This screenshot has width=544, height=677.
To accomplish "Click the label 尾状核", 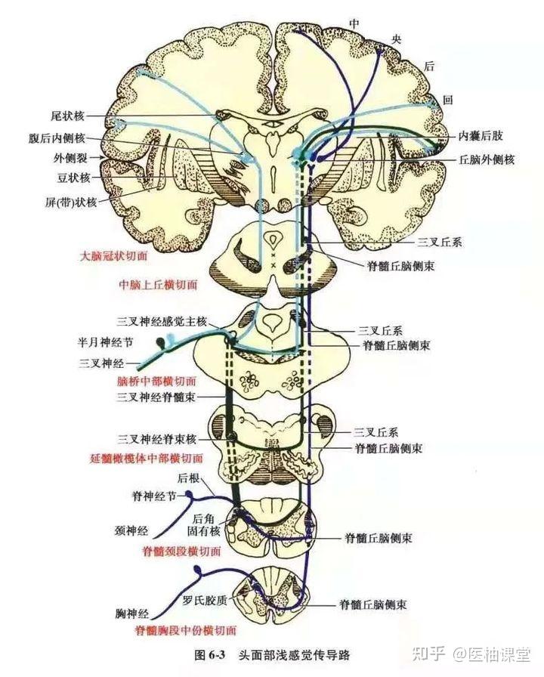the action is tap(67, 116).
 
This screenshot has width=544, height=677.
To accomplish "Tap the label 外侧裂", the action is tap(70, 158).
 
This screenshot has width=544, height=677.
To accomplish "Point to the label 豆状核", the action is tap(73, 178).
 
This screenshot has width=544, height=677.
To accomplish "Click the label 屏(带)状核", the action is tap(71, 202).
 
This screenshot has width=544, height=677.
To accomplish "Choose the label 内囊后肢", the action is tap(481, 136).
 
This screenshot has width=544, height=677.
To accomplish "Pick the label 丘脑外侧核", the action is tap(487, 159).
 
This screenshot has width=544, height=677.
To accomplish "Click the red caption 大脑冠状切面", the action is tap(114, 256).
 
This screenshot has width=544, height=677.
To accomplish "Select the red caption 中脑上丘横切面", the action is tap(158, 285).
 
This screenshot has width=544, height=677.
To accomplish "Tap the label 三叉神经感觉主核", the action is tap(162, 322).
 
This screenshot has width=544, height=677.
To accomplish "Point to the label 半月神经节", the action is tap(105, 342).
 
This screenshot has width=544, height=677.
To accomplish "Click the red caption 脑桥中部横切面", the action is tap(156, 382).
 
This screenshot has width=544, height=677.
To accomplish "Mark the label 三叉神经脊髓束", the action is tap(156, 397).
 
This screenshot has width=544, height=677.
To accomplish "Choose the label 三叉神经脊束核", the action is tap(156, 440).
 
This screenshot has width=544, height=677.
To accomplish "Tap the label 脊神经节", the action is tap(154, 497).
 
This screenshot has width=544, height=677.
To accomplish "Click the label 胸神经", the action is tap(132, 613).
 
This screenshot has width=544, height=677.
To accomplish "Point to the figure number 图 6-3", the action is tap(210, 655).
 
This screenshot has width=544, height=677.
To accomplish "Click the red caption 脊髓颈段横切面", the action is tap(182, 552).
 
